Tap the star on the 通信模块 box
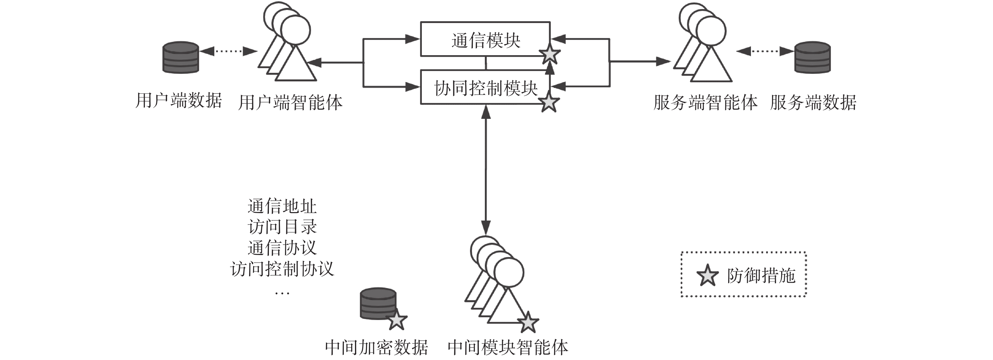tap(550, 55)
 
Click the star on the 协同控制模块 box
tap(548, 102)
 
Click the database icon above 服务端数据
tap(812, 57)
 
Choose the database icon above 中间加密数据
tap(378, 303)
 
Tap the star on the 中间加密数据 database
tap(396, 320)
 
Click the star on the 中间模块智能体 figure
tap(528, 322)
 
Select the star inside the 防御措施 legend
tap(707, 276)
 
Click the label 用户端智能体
tap(290, 102)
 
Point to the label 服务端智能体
tap(706, 102)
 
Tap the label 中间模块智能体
tap(508, 347)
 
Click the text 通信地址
tap(282, 206)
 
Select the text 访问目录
tap(282, 227)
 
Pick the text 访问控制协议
tap(282, 269)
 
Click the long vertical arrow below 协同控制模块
tap(486, 170)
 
